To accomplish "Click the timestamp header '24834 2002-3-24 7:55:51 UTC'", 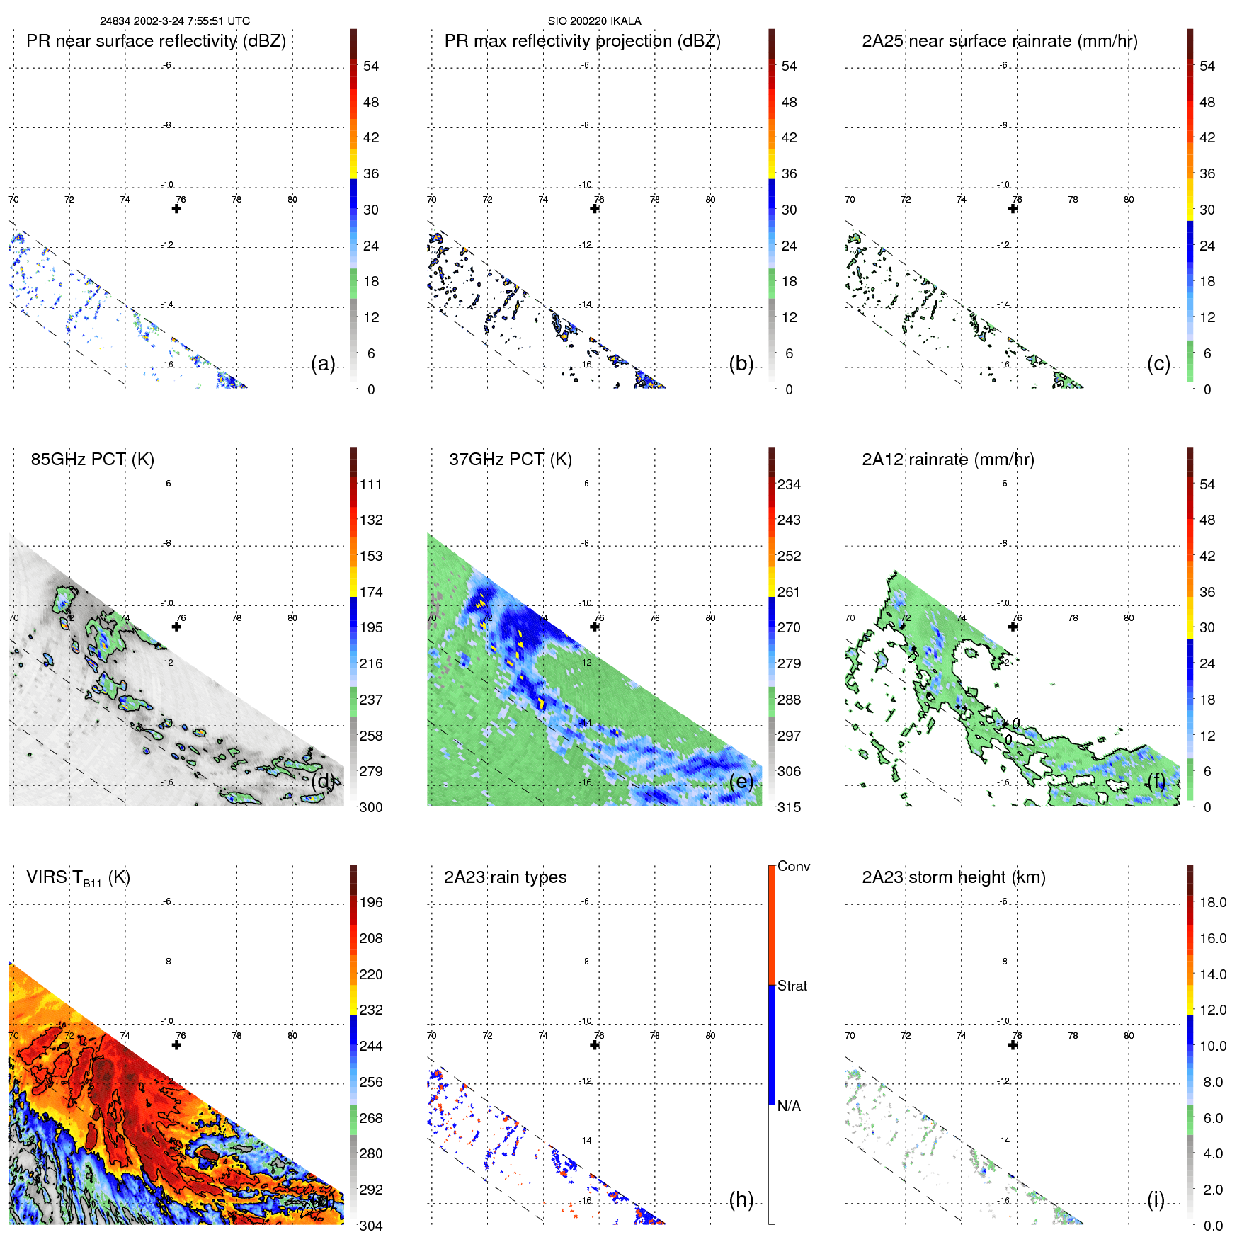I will pyautogui.click(x=174, y=21).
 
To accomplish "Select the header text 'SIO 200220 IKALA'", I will pyautogui.click(x=594, y=21).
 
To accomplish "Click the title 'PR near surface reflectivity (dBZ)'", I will pyautogui.click(x=156, y=41).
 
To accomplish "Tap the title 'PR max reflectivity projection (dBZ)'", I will pyautogui.click(x=582, y=41).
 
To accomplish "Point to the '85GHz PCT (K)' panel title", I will pyautogui.click(x=92, y=460).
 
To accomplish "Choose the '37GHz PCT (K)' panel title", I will pyautogui.click(x=510, y=460).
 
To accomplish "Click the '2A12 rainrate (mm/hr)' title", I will pyautogui.click(x=947, y=460).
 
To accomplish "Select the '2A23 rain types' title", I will pyautogui.click(x=505, y=877).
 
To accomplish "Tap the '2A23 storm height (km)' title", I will pyautogui.click(x=953, y=877).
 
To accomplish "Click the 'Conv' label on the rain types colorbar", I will pyautogui.click(x=793, y=866).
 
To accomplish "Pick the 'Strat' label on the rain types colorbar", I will pyautogui.click(x=792, y=986).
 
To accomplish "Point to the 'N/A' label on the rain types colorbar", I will pyautogui.click(x=789, y=1106).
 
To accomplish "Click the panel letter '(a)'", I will pyautogui.click(x=323, y=364).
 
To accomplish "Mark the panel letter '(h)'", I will pyautogui.click(x=741, y=1199).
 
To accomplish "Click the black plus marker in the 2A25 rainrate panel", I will pyautogui.click(x=1013, y=209).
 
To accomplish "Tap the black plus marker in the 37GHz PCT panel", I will pyautogui.click(x=595, y=627).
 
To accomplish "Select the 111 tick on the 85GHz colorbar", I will pyautogui.click(x=370, y=485).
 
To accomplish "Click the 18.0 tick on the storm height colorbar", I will pyautogui.click(x=1212, y=903).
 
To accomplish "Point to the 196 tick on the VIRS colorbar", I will pyautogui.click(x=370, y=903).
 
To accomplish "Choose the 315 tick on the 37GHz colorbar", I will pyautogui.click(x=789, y=807).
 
